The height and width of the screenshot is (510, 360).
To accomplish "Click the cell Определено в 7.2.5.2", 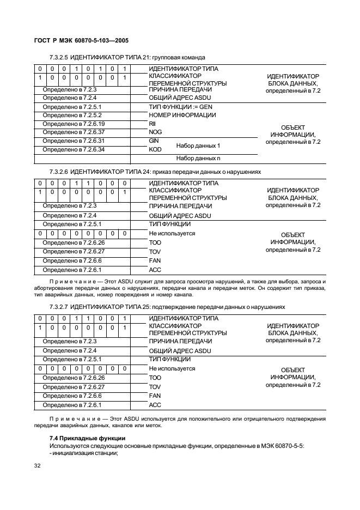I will (72, 116).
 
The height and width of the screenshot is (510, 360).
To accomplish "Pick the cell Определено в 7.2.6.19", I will (74, 124).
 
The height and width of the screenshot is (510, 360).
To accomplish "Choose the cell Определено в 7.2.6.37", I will (74, 132).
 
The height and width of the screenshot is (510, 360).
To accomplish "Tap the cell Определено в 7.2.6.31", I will (74, 141).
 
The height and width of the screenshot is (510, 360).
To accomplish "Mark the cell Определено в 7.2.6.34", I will (74, 149).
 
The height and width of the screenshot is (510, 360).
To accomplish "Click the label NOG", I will (155, 132).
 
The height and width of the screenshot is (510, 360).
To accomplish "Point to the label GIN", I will (154, 141).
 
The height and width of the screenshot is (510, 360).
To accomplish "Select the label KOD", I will (155, 149).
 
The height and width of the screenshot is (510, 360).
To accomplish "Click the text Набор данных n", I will (198, 158).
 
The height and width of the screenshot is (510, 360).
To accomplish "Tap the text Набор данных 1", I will (198, 145).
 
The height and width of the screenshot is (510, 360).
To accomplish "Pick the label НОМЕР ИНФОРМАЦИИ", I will (182, 116).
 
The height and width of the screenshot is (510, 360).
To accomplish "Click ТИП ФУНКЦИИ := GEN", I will (177, 107).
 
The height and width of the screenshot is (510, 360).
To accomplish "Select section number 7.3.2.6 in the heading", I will (58, 172).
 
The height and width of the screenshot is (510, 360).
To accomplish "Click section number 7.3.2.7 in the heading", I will (58, 307).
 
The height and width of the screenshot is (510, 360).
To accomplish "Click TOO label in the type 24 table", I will (155, 242).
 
